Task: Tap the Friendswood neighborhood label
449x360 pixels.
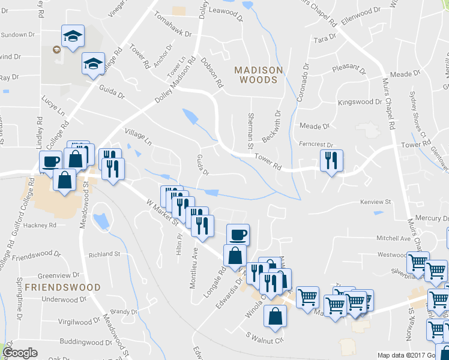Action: (62, 287)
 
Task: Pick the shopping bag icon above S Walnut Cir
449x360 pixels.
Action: (275, 316)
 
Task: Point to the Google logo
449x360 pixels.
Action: (20, 353)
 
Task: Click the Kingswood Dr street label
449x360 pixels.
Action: (360, 103)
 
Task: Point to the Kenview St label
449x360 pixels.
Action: (375, 202)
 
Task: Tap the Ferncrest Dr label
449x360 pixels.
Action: (316, 145)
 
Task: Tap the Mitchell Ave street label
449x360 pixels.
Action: (393, 239)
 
